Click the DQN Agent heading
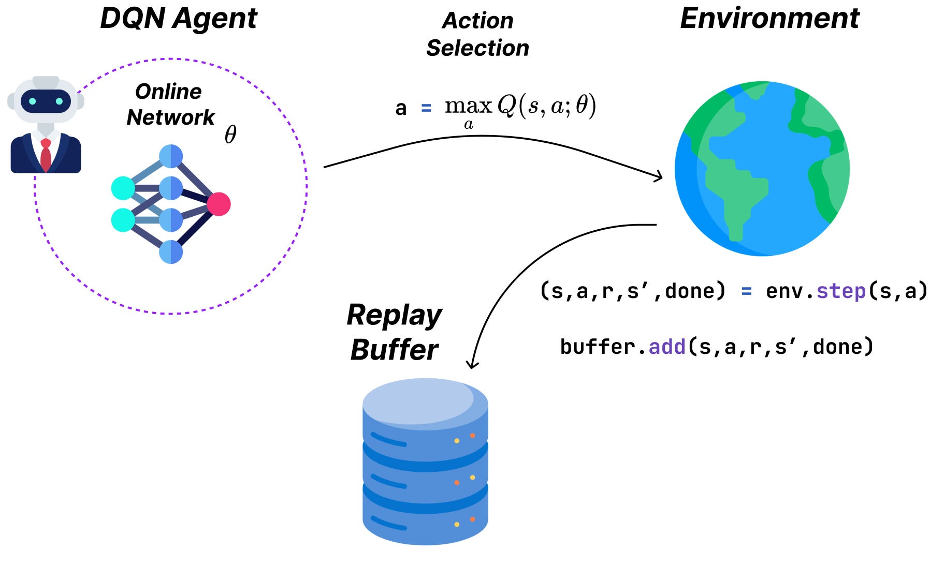(x=178, y=19)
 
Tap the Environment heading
(x=769, y=19)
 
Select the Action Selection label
(x=477, y=34)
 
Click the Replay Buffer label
(x=394, y=332)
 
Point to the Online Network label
(x=170, y=104)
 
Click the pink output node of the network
(x=219, y=204)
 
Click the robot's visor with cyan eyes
(x=46, y=101)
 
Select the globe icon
(x=762, y=168)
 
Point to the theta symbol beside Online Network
(x=230, y=135)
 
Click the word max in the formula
(x=468, y=106)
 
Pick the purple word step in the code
(x=841, y=291)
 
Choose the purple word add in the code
(x=667, y=346)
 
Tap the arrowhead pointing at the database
(x=472, y=364)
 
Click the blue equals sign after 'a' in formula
(x=426, y=108)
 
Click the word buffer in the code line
(x=597, y=346)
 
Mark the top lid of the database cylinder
(x=419, y=401)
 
